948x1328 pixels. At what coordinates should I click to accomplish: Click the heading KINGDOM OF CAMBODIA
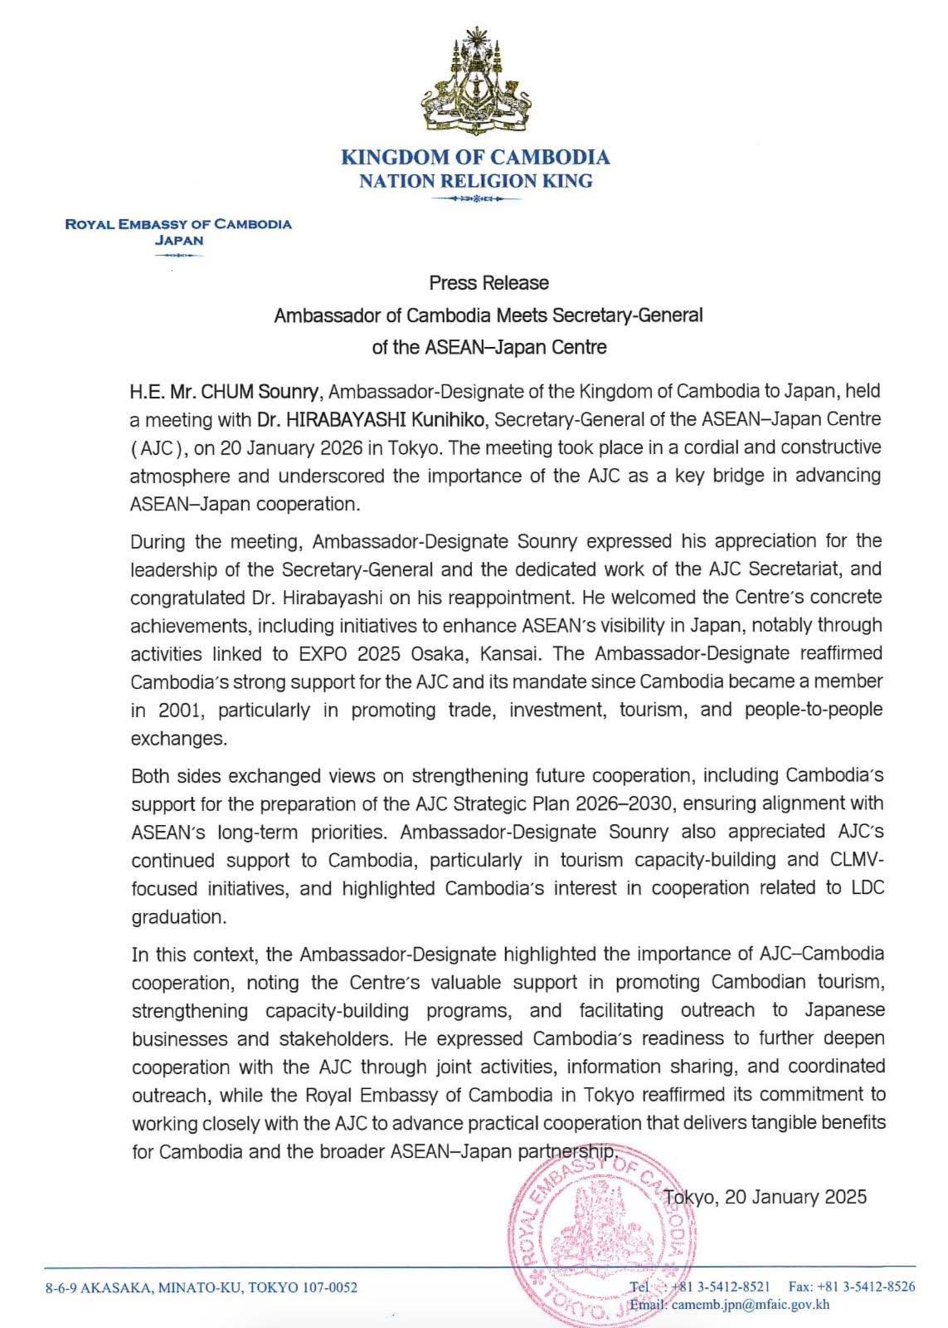(x=475, y=157)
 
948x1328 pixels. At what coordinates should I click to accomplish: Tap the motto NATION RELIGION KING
(x=475, y=181)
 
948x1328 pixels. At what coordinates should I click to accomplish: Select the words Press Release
(x=489, y=283)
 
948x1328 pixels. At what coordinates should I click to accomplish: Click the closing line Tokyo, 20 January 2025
(x=766, y=1197)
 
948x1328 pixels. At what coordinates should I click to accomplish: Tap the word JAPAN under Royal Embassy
(x=179, y=241)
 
